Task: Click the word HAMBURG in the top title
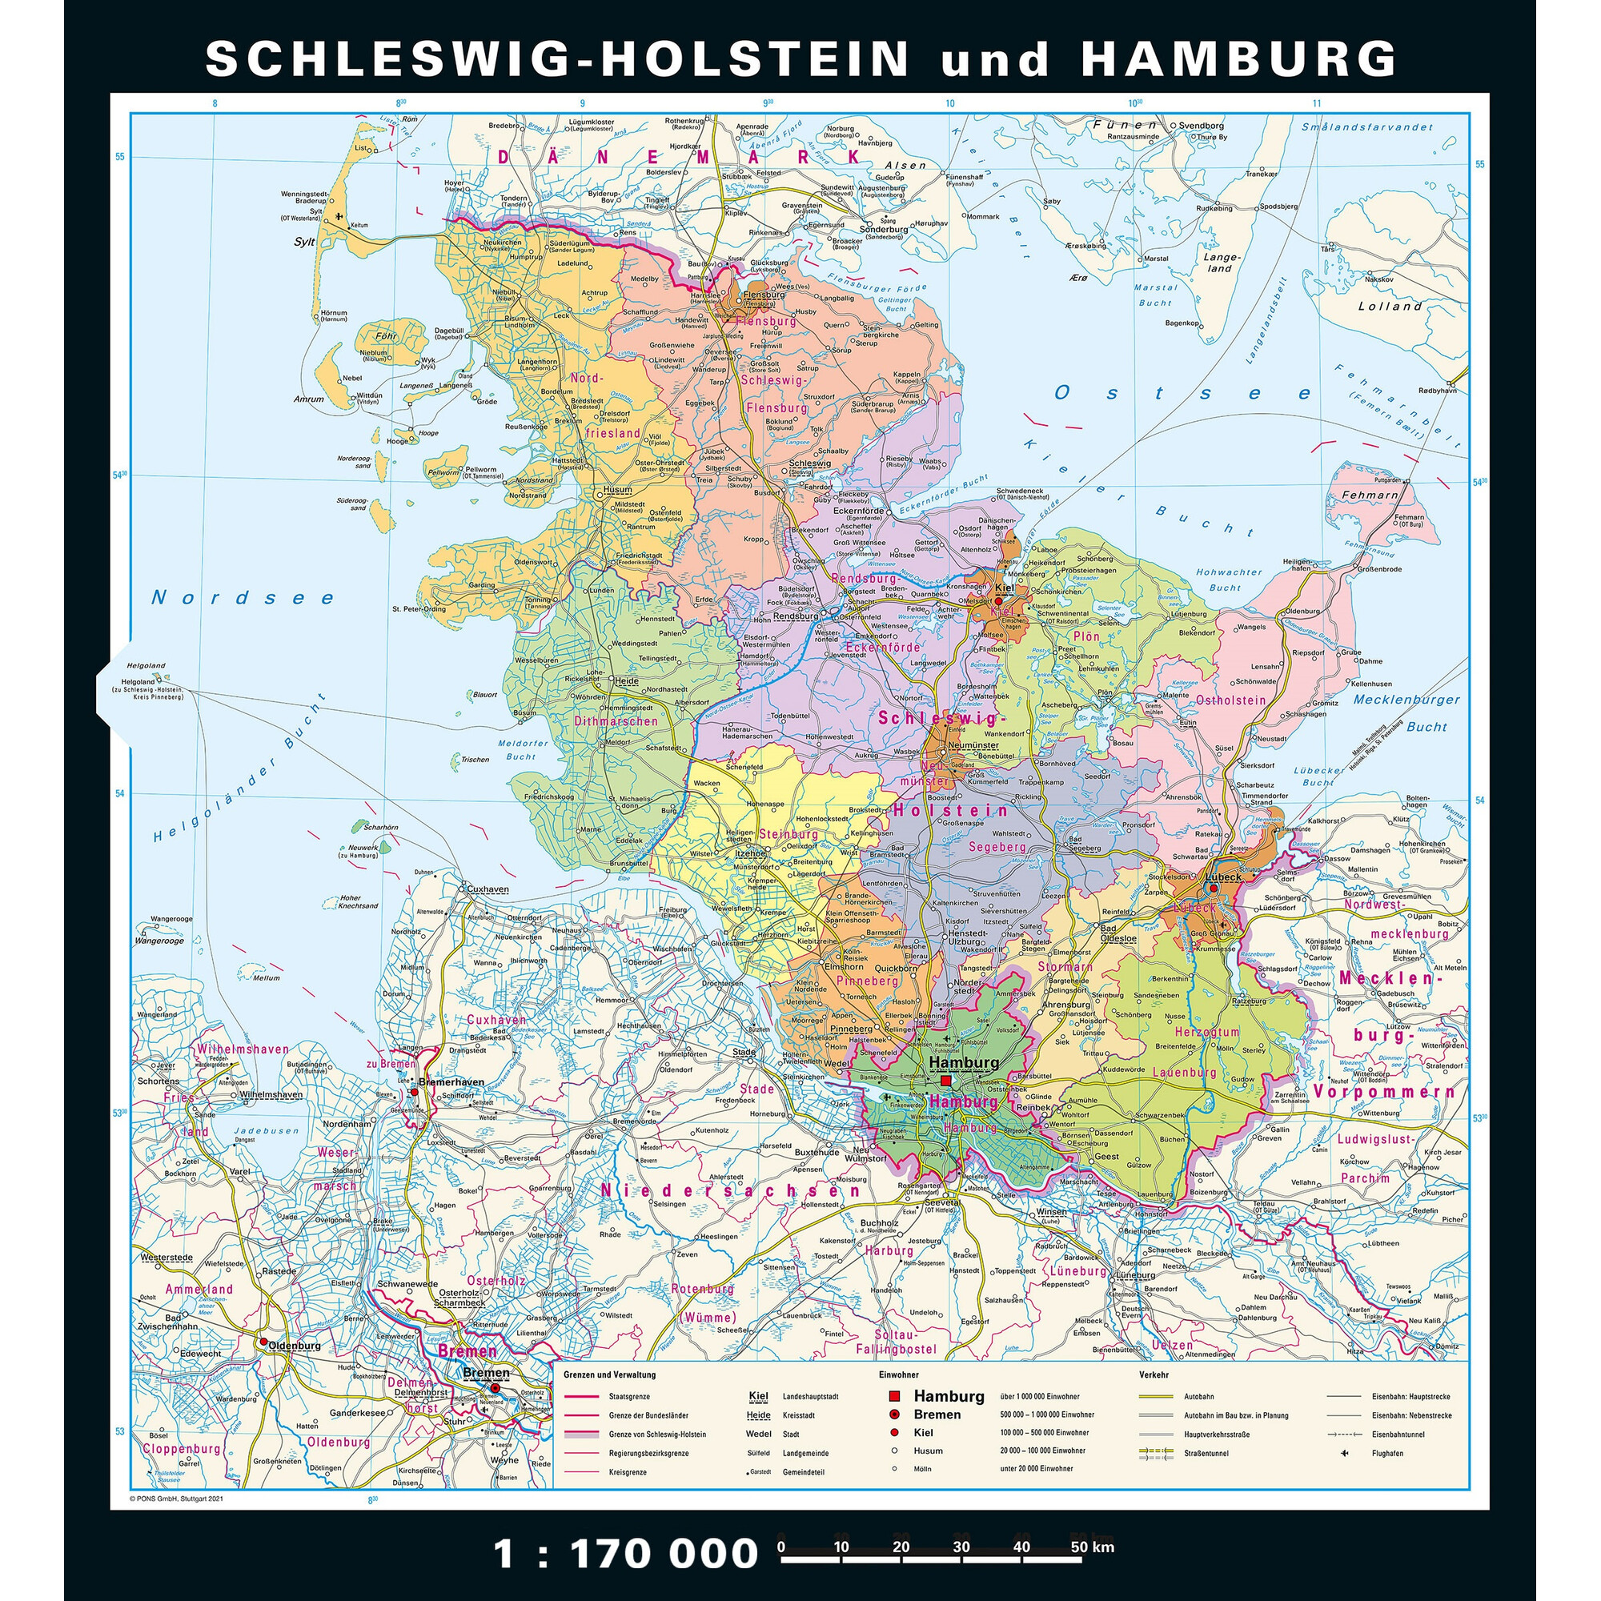click(x=1239, y=58)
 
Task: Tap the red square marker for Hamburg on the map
click(x=945, y=1081)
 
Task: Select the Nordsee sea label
click(x=243, y=598)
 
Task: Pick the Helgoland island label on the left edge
click(x=146, y=665)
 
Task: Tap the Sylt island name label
click(x=304, y=243)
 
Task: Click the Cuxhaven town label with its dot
click(x=488, y=889)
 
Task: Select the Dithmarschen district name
click(x=616, y=721)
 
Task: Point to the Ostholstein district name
click(x=1230, y=700)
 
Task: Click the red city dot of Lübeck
click(x=1214, y=888)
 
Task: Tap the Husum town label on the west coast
click(x=617, y=491)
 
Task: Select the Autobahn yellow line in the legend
click(x=1156, y=1396)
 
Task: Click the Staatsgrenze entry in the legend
click(x=629, y=1396)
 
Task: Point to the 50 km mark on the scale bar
click(x=1081, y=1547)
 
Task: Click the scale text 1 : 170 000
click(x=625, y=1553)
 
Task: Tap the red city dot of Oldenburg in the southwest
click(x=263, y=1342)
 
